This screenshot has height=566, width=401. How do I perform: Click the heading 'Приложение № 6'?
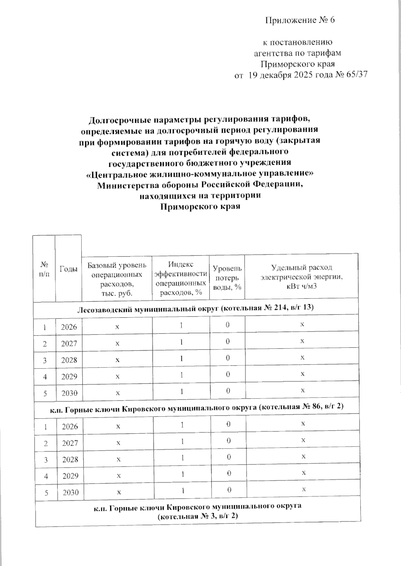coord(300,21)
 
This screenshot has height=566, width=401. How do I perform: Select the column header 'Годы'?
coord(69,269)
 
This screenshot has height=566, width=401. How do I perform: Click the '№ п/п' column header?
coord(44,269)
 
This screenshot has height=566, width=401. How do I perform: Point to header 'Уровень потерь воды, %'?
coord(227,277)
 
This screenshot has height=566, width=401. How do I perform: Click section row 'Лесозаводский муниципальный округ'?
coord(195,308)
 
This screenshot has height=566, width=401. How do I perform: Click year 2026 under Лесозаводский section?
coord(69,327)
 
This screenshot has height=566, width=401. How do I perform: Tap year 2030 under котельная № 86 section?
coord(71,492)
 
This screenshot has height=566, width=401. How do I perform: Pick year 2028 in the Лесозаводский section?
coord(69,360)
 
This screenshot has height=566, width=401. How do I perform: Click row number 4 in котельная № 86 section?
coord(46,476)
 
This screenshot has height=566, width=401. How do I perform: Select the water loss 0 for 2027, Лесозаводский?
coord(227,342)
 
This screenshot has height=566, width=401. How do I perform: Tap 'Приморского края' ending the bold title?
coord(200,206)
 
